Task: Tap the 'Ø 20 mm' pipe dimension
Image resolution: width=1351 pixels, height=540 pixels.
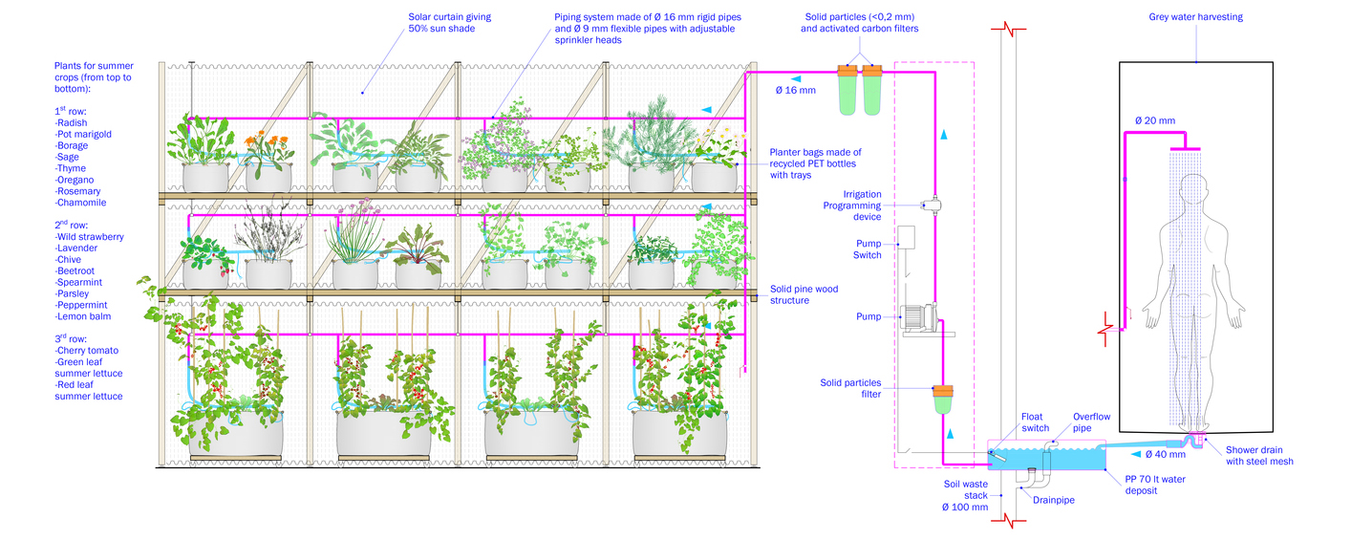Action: click(1154, 120)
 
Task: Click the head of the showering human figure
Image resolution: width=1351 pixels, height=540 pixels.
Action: click(1194, 190)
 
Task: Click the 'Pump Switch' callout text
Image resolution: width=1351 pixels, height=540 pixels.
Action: click(868, 249)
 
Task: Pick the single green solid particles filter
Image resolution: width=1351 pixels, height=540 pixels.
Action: click(943, 399)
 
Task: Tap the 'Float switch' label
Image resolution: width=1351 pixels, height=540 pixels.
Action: click(1035, 422)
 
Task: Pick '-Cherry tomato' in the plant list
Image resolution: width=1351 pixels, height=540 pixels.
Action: click(89, 351)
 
